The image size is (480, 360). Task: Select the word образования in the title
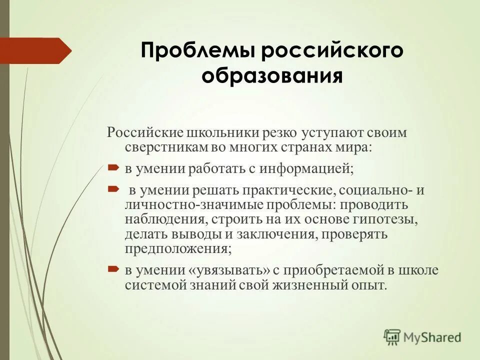tap(272, 76)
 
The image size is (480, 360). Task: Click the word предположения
tap(177, 248)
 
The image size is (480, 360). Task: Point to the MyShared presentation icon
tap(392, 337)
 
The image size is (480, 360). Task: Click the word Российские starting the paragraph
tap(144, 134)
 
